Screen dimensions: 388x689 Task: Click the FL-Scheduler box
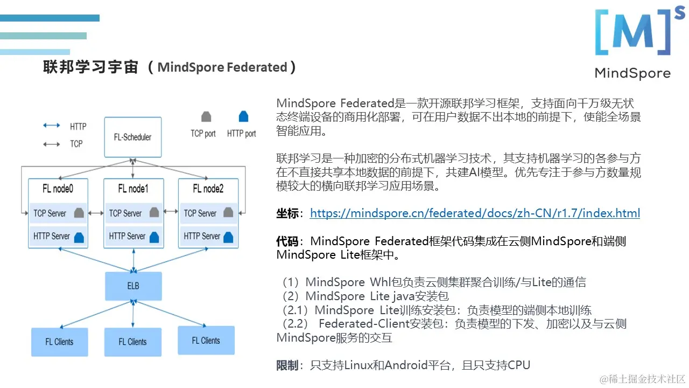point(132,137)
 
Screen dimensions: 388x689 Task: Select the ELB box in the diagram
point(133,286)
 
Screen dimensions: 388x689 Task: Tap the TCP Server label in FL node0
point(50,213)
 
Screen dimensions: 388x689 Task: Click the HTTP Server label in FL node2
point(202,236)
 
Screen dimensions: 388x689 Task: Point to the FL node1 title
point(133,189)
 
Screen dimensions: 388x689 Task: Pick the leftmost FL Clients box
point(59,342)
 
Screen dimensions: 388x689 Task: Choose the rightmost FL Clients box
point(206,341)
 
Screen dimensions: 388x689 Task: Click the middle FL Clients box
point(132,342)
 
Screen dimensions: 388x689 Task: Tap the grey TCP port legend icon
point(206,117)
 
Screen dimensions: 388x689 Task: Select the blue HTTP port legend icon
point(243,116)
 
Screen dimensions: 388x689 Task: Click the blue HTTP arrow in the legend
point(52,126)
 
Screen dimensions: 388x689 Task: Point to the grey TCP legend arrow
point(52,144)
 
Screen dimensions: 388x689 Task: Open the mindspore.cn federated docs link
point(475,213)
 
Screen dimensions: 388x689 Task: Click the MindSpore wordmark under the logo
point(632,73)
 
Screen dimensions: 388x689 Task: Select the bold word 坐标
point(287,213)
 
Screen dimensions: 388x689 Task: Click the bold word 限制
point(287,365)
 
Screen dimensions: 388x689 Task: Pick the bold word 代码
point(287,241)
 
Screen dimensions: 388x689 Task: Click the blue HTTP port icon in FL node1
point(154,237)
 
